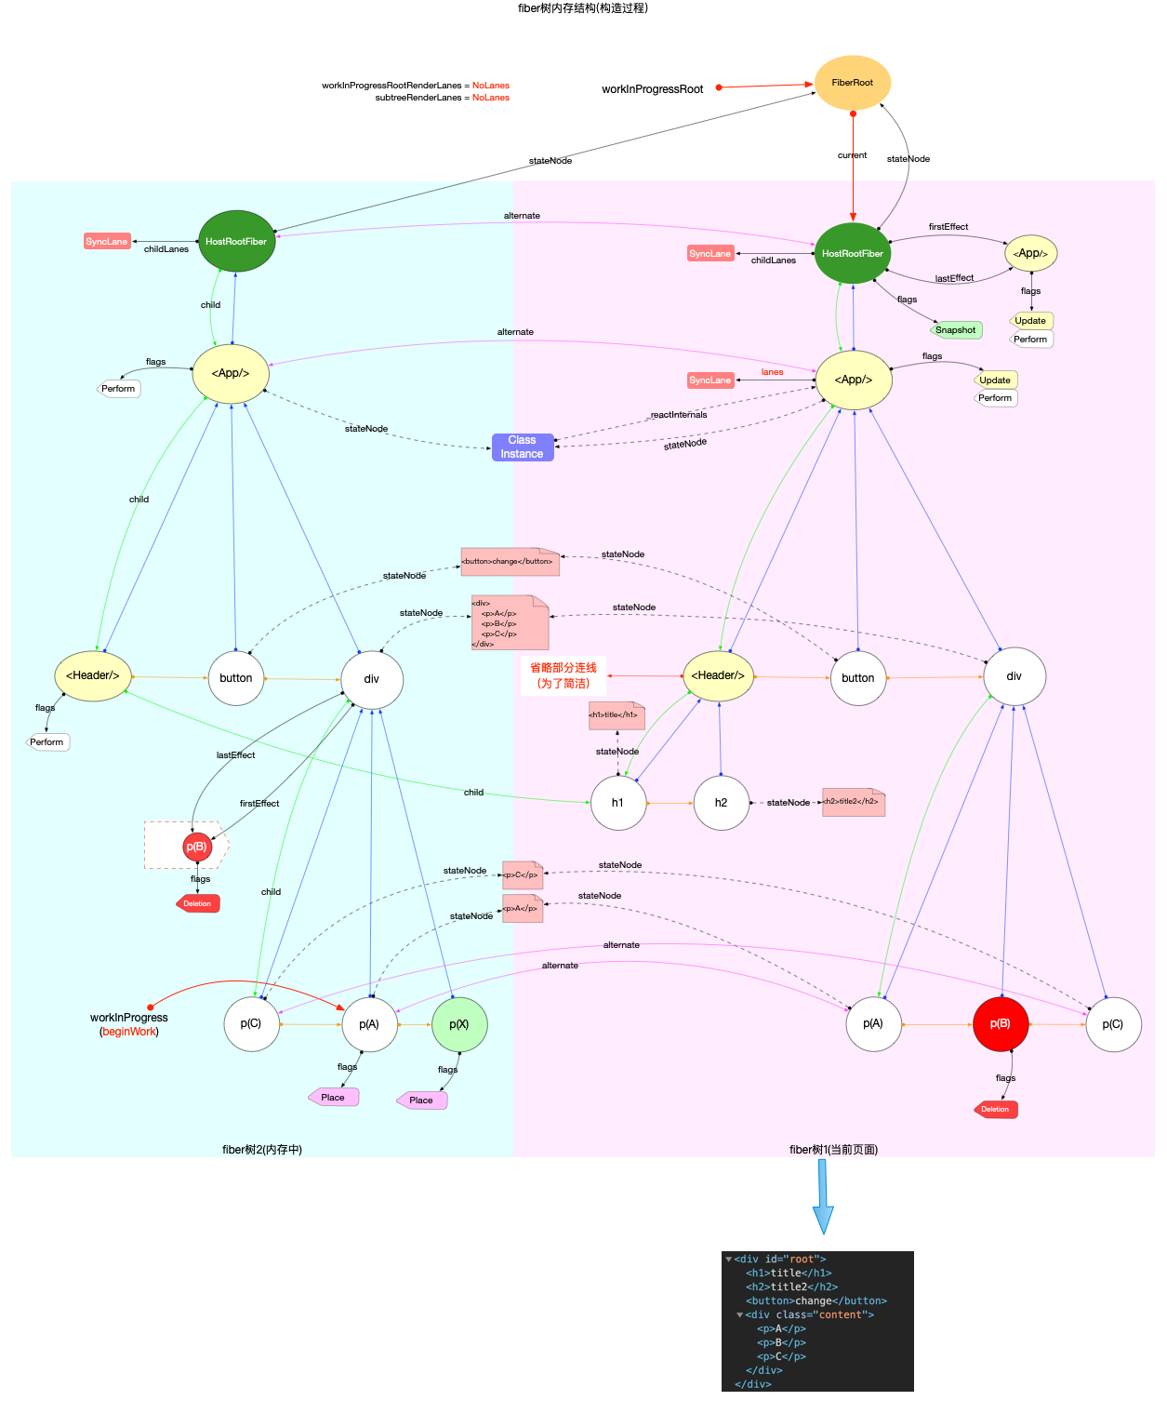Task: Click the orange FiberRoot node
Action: click(x=852, y=83)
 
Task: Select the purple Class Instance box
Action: click(x=523, y=447)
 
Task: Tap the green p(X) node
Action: click(x=459, y=1024)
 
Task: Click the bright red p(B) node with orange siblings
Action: click(x=1001, y=1023)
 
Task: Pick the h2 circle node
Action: click(x=722, y=803)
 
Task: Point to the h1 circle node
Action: click(x=618, y=803)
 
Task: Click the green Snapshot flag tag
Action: click(x=956, y=330)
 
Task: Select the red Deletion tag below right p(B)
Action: click(x=995, y=1109)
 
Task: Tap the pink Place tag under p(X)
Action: click(x=421, y=1101)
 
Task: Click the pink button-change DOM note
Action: click(x=509, y=562)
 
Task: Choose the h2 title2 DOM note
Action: click(x=853, y=802)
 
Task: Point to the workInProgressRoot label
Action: click(x=652, y=89)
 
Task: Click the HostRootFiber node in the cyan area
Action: click(x=236, y=241)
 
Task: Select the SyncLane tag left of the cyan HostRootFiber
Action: click(x=107, y=242)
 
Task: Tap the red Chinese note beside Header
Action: click(x=564, y=675)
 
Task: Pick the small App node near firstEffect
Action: click(x=1030, y=253)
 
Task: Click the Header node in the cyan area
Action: click(x=93, y=675)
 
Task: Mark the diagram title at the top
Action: click(x=583, y=8)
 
